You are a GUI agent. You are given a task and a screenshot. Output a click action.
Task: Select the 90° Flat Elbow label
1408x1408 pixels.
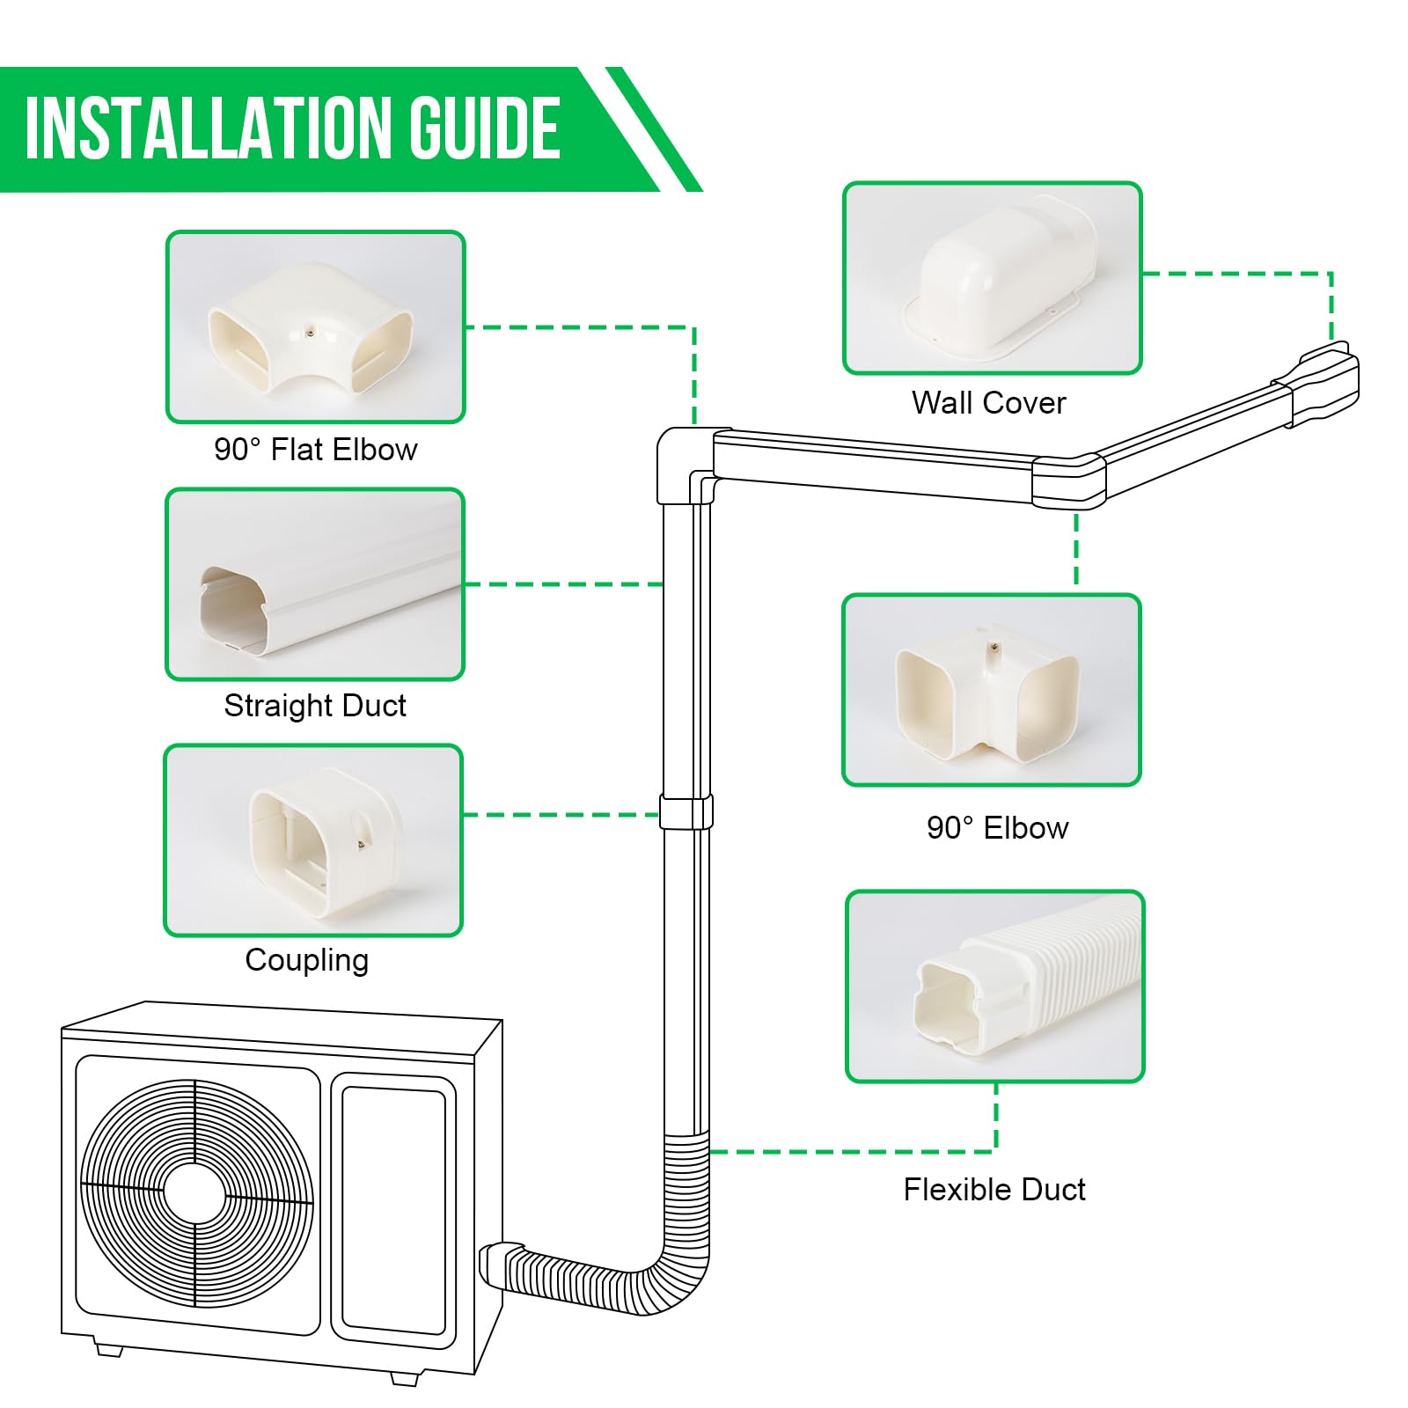(315, 450)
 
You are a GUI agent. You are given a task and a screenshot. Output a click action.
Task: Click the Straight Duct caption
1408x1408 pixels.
(315, 706)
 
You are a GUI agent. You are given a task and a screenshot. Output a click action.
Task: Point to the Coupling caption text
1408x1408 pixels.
(306, 960)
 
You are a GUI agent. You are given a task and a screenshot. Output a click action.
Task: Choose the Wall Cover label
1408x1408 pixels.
(988, 403)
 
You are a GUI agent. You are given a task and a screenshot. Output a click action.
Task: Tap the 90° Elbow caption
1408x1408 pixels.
(997, 828)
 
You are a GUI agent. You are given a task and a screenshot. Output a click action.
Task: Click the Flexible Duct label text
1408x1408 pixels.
(994, 1190)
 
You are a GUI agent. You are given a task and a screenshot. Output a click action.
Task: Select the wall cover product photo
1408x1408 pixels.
(993, 278)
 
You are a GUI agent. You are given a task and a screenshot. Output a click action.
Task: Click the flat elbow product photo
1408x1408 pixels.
(315, 327)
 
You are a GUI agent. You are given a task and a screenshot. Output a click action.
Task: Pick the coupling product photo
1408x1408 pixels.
(313, 840)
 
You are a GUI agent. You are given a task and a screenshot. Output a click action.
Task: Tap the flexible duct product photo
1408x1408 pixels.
(995, 986)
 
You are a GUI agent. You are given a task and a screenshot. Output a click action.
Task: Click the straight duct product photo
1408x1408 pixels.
(315, 584)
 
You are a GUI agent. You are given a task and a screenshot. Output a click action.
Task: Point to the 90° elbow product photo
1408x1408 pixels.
(992, 691)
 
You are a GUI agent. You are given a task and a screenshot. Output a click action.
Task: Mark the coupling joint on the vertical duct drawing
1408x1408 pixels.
(686, 811)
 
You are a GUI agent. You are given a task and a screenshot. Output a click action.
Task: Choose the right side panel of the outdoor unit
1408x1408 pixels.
(392, 1210)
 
